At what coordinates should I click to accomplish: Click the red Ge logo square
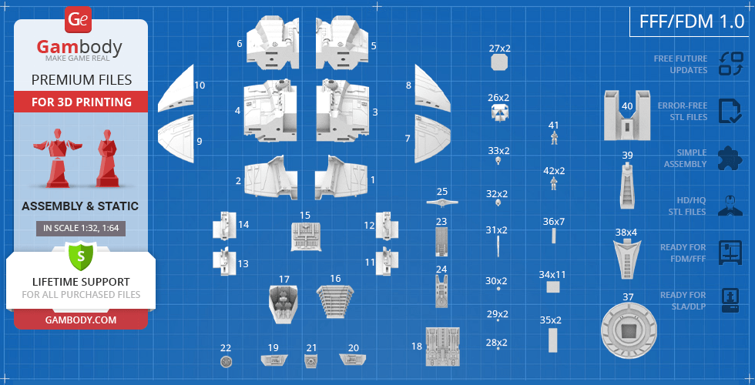coord(78,20)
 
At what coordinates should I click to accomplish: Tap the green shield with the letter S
coord(81,256)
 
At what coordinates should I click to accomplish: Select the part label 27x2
coord(499,48)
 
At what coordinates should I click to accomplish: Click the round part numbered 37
coord(629,330)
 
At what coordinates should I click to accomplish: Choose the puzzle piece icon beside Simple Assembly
coord(730,158)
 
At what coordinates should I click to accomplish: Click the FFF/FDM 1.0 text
coord(692,22)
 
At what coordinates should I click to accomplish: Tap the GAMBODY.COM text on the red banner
coord(81,320)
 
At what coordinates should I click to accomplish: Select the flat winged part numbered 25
coord(442,202)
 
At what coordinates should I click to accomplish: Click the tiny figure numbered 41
coord(554,138)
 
